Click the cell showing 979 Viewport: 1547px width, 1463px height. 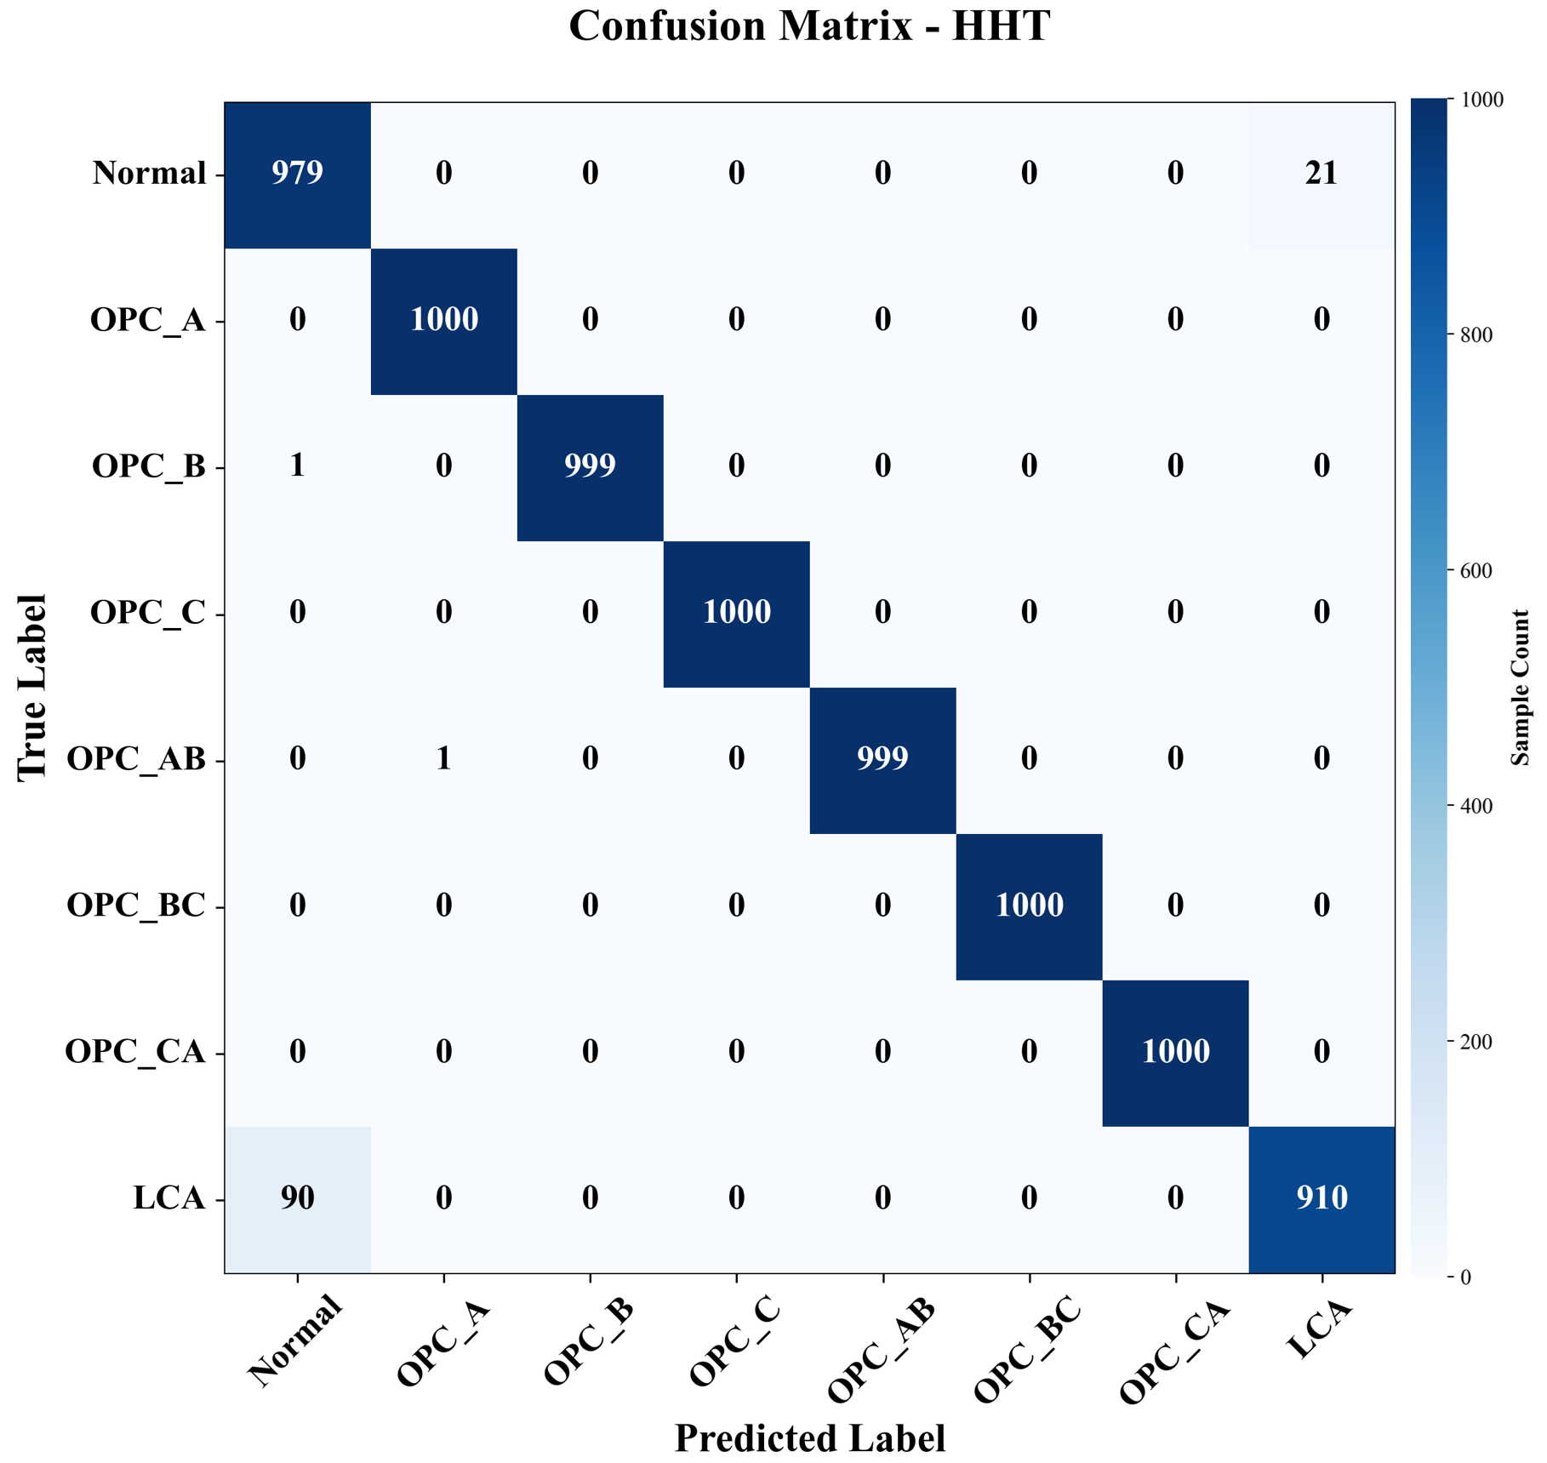tap(297, 173)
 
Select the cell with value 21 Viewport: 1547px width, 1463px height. tap(1322, 173)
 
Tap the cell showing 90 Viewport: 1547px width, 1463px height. tap(297, 1197)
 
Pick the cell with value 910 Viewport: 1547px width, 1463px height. tap(1322, 1197)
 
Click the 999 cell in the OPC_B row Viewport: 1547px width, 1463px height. tap(590, 466)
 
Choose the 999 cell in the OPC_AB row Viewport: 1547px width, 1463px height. tap(882, 758)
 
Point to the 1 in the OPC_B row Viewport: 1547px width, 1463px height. tap(297, 466)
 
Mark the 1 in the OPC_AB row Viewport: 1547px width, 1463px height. tap(443, 758)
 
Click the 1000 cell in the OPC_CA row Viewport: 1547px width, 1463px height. tap(1175, 1051)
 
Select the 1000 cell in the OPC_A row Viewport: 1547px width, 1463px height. tap(443, 319)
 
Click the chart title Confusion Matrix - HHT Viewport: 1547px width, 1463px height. tap(808, 26)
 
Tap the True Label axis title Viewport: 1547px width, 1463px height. tap(31, 688)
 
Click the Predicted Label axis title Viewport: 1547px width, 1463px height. tap(809, 1438)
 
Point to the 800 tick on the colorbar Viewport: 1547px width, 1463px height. tap(1476, 335)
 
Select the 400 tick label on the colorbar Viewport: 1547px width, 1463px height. tap(1476, 806)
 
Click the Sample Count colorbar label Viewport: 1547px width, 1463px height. tap(1520, 688)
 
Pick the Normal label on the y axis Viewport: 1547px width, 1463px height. tap(150, 173)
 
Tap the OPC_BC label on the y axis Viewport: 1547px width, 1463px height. tap(136, 905)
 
